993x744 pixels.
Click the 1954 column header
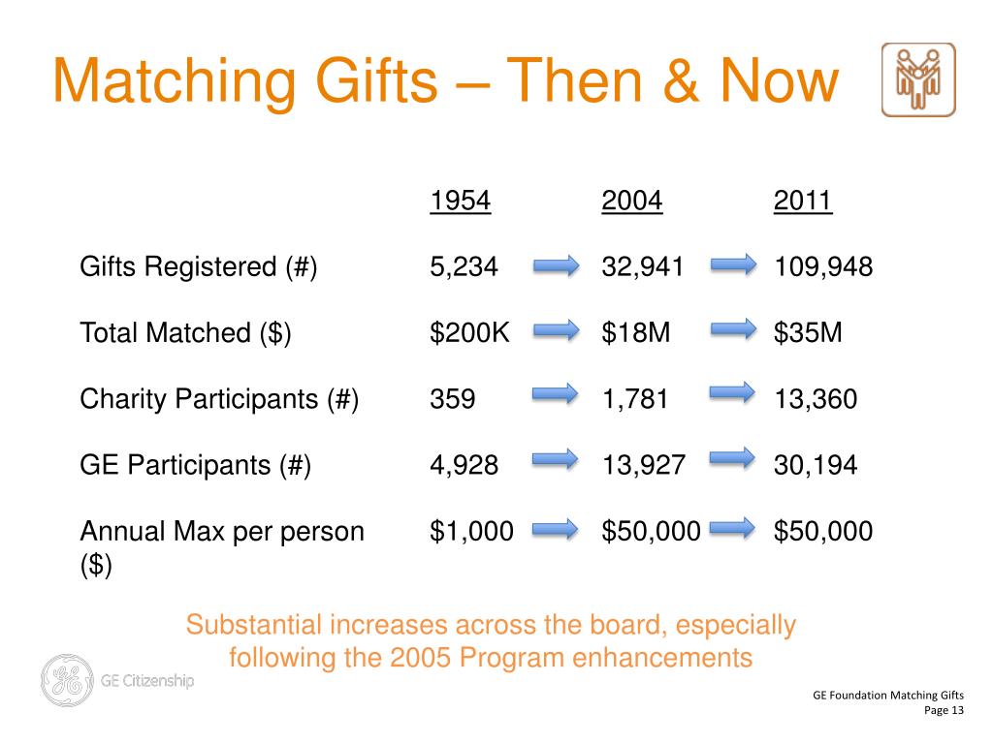pos(461,201)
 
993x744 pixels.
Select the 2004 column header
pos(631,201)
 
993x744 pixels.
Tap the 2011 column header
pos(803,201)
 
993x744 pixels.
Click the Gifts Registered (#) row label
pos(199,267)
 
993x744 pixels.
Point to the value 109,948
pos(823,267)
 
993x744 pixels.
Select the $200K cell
pos(470,333)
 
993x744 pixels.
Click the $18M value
pos(636,333)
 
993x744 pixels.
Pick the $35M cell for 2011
pos(808,333)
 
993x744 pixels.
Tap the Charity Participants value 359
pos(453,399)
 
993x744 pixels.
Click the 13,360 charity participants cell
pos(816,399)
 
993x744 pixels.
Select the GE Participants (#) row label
pos(195,465)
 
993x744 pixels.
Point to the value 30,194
pos(816,465)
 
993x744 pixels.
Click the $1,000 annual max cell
pos(472,531)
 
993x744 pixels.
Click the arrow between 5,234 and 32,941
pos(556,265)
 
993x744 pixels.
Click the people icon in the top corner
pos(917,80)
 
